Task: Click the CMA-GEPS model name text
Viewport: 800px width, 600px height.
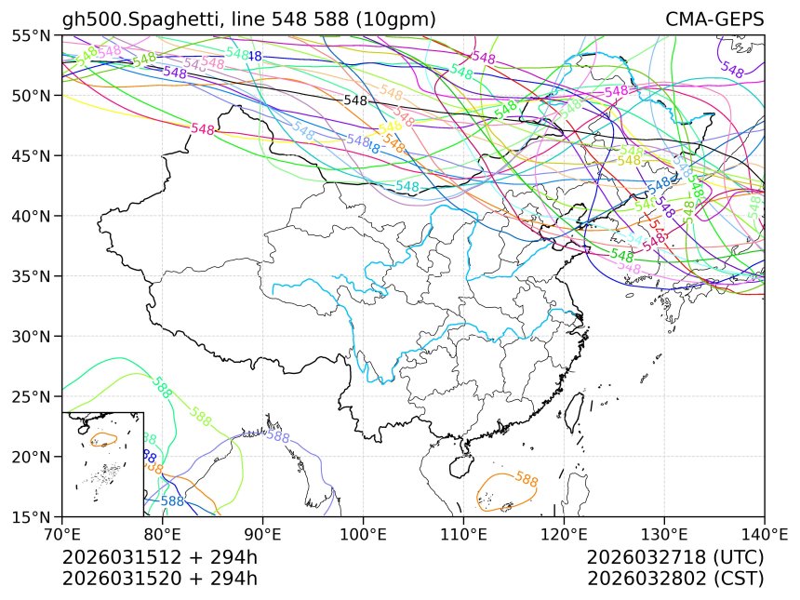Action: point(714,20)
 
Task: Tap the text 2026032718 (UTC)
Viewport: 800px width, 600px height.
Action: point(675,557)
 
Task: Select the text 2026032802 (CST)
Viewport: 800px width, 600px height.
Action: point(675,578)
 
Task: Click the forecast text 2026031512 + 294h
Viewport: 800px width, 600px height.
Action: point(159,557)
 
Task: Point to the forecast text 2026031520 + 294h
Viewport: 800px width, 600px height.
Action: point(159,578)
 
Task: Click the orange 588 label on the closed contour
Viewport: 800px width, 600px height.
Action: point(527,480)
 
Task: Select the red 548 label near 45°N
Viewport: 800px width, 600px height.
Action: point(203,129)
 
